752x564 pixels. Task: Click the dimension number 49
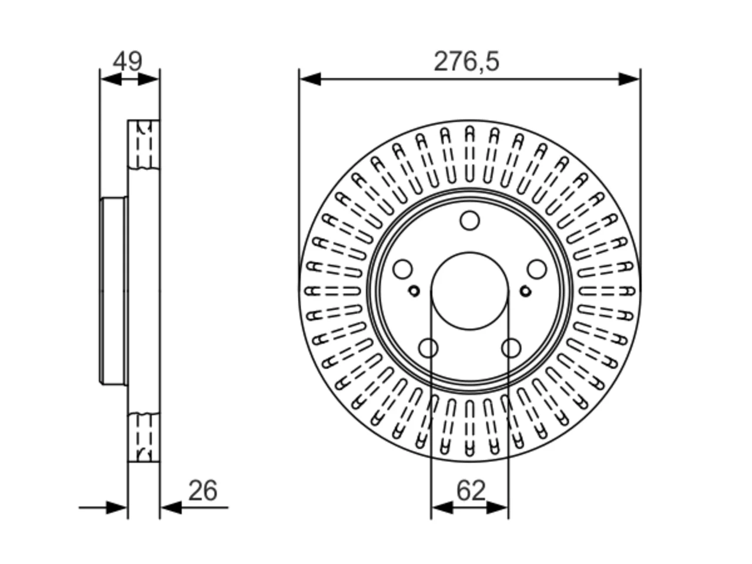tap(127, 62)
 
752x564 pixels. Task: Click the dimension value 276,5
tap(466, 62)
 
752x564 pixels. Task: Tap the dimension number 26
tap(203, 491)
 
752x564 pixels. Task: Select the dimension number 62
tap(471, 491)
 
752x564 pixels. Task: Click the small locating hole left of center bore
tap(414, 291)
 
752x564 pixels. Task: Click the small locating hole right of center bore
tap(525, 291)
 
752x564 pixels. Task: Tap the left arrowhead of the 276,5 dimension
tap(310, 79)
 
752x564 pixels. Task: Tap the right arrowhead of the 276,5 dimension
tap(629, 79)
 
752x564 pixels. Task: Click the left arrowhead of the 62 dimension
tap(442, 508)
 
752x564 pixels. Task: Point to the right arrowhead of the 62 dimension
tap(497, 508)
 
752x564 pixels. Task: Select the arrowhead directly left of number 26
tap(171, 508)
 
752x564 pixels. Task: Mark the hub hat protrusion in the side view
tap(113, 291)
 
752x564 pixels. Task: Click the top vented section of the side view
tap(144, 145)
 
